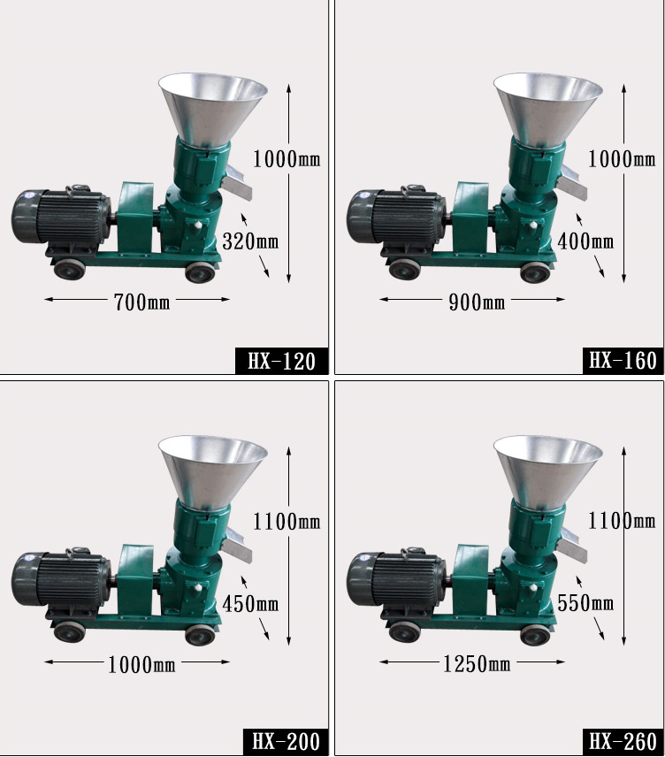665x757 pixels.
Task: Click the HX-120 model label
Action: click(281, 361)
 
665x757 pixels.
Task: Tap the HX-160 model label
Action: click(623, 361)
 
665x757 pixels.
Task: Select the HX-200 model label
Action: click(286, 742)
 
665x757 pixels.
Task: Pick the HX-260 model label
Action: click(623, 742)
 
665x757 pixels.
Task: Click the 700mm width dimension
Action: click(141, 302)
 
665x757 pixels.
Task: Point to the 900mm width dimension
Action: click(477, 302)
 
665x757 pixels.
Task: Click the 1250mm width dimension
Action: click(477, 664)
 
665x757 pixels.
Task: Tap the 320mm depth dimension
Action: click(250, 241)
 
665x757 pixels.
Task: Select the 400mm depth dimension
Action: click(585, 241)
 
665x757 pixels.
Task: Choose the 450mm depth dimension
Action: click(250, 603)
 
